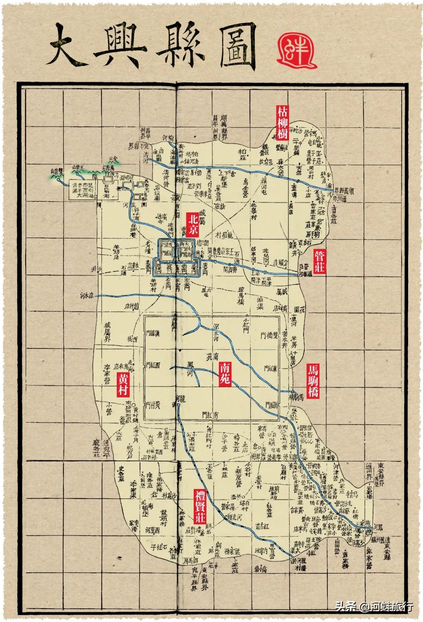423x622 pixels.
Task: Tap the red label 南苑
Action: (x=226, y=374)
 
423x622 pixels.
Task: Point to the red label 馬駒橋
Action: (x=314, y=381)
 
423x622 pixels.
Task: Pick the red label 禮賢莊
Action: (x=200, y=506)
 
